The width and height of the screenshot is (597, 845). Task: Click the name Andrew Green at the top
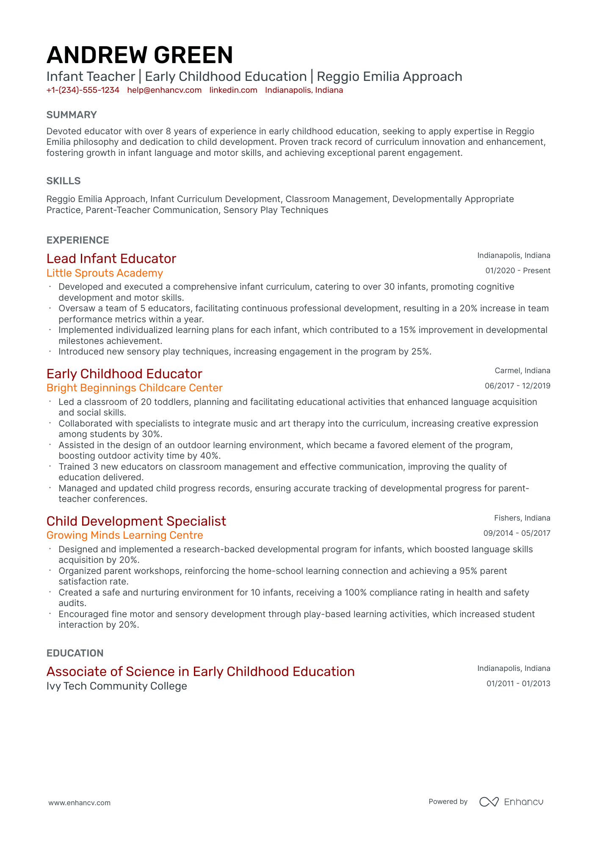point(140,55)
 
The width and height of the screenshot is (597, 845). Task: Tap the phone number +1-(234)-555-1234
point(83,90)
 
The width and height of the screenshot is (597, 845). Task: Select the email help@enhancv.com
point(164,90)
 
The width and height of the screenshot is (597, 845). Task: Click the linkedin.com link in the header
point(233,90)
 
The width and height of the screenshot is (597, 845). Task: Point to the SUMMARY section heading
point(72,115)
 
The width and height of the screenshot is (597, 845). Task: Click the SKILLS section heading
point(64,181)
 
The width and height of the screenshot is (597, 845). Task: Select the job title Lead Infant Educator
point(111,258)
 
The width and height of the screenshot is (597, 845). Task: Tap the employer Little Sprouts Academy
point(105,273)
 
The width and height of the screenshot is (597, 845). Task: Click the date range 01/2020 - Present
point(517,271)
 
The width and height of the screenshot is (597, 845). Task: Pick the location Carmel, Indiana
point(522,371)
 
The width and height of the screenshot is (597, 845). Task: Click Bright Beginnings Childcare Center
point(134,388)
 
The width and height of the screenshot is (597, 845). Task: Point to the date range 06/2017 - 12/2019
point(517,386)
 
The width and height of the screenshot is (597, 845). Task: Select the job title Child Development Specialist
point(136,521)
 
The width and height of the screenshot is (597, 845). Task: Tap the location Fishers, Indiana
point(522,518)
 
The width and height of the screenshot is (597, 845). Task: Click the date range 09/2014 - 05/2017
point(517,533)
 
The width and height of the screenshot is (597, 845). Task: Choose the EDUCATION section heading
point(75,653)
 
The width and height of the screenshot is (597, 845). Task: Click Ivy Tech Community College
point(116,686)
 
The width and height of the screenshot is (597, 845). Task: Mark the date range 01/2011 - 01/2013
point(518,684)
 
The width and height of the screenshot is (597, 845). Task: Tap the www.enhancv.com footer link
point(79,803)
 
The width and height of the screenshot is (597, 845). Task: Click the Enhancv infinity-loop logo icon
point(489,802)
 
